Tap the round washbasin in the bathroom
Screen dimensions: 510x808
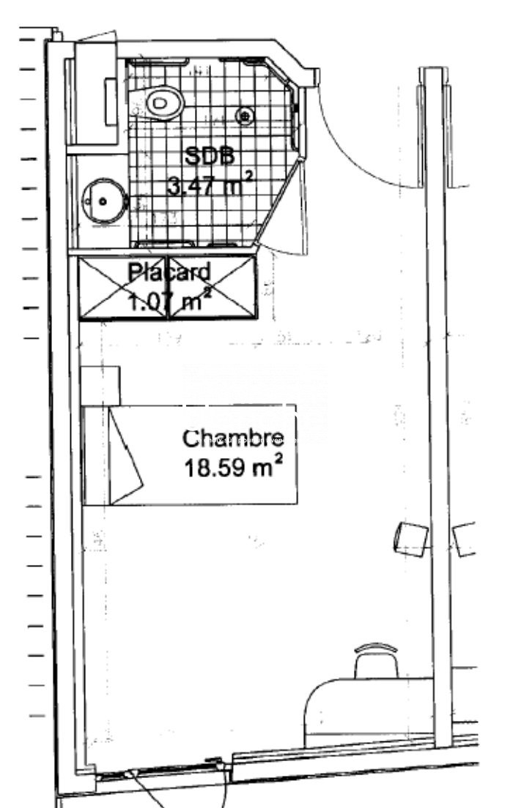point(105,201)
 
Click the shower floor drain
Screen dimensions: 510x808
point(245,116)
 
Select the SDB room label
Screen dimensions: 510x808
point(210,156)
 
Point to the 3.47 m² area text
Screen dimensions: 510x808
point(210,184)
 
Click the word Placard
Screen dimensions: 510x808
point(169,272)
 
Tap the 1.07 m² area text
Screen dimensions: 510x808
point(169,300)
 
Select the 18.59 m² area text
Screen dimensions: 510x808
point(233,467)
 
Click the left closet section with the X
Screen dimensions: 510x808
point(123,288)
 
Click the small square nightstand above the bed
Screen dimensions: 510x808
point(100,386)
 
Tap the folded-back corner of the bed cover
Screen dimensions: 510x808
point(125,454)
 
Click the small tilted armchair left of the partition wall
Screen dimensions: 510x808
point(411,539)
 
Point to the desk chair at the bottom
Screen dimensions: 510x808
point(376,661)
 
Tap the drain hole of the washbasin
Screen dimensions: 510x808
point(103,201)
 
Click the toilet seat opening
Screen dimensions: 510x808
point(160,102)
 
